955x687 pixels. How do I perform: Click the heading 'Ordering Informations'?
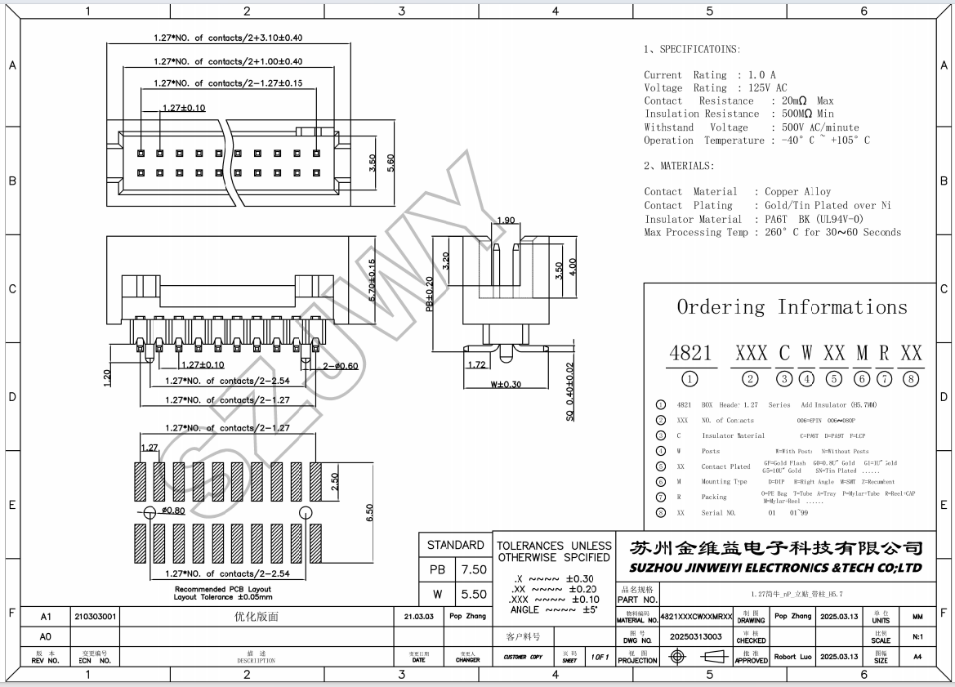(791, 308)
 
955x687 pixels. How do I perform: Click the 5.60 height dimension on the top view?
(391, 163)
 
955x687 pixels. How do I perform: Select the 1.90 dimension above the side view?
(505, 221)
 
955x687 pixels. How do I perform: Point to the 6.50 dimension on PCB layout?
(369, 512)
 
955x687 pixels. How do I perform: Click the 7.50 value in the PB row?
(474, 569)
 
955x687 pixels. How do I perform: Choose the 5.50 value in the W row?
(474, 595)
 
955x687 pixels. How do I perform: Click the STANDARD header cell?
(456, 545)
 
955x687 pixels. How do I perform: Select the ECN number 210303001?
(96, 617)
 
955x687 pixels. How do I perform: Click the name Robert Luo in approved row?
(792, 657)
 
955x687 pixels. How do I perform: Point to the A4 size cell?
(917, 657)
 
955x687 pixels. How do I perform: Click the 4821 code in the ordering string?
(691, 353)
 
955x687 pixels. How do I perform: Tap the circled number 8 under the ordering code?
(911, 378)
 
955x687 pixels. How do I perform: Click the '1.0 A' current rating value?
(761, 75)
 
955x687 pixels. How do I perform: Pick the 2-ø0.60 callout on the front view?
(341, 366)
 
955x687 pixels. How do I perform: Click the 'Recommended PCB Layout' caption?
(222, 589)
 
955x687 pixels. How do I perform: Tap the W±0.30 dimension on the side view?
(506, 384)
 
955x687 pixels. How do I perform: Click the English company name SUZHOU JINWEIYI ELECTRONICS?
(776, 568)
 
